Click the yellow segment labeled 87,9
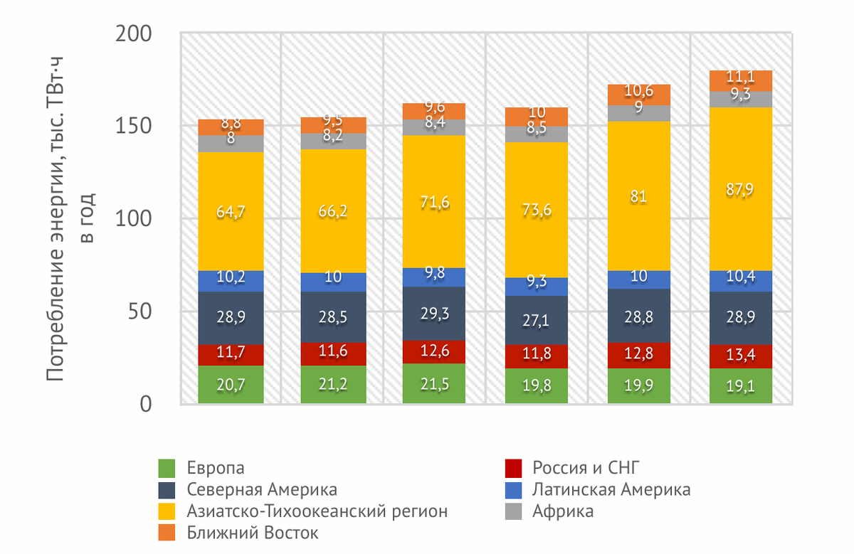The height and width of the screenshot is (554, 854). point(741,189)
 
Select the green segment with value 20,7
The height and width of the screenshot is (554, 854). point(231,385)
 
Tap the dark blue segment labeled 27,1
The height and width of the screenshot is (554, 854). point(537,320)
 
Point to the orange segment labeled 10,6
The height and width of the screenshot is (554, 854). point(639,95)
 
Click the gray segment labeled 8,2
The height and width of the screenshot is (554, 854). point(333,141)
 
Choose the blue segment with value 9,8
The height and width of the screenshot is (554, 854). point(435,277)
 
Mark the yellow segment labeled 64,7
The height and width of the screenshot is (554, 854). point(231,211)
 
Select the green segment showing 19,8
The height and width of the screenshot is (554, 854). point(537,386)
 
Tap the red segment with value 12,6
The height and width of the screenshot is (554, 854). point(435,352)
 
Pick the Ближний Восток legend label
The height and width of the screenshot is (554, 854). point(253,532)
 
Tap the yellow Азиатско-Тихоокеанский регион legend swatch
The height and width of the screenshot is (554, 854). point(167,511)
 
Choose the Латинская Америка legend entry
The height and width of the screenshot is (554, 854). point(610,489)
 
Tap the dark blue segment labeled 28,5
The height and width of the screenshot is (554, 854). point(333,317)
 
